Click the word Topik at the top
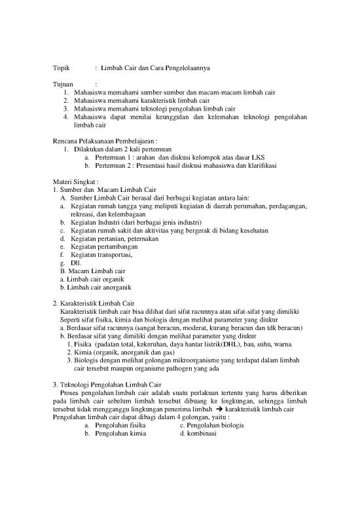pos(60,68)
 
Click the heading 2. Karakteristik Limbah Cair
pos(93,303)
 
